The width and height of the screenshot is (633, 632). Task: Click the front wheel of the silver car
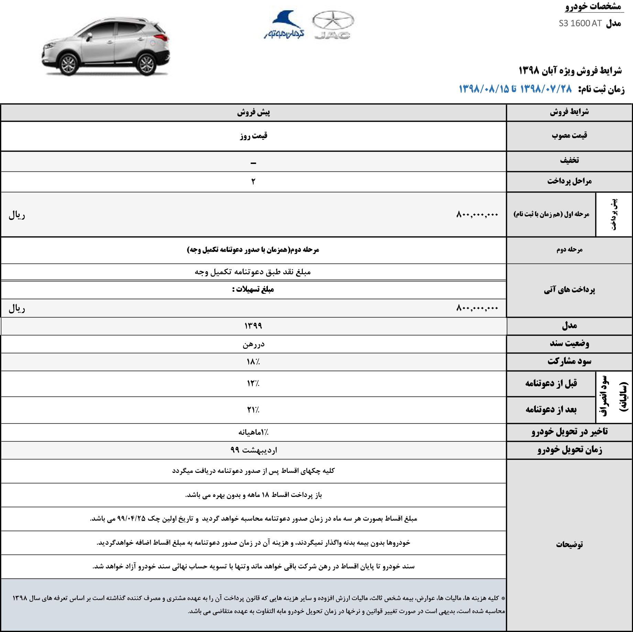[68, 64]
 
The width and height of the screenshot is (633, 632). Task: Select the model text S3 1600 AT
[580, 23]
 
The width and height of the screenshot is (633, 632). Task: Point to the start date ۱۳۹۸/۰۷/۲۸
[546, 89]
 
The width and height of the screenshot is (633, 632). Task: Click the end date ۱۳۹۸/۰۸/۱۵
[484, 89]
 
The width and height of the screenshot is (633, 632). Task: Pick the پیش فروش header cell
[253, 112]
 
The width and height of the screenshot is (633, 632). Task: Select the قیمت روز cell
[253, 136]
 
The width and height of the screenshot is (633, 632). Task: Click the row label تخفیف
[569, 160]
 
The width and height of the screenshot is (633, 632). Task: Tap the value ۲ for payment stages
[253, 181]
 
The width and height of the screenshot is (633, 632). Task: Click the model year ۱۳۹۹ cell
[253, 326]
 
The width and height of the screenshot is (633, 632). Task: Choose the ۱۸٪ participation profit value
[253, 362]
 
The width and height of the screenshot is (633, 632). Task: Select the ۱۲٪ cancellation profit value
[253, 383]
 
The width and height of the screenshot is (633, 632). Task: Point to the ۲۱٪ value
[253, 410]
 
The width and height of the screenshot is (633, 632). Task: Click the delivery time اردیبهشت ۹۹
[253, 450]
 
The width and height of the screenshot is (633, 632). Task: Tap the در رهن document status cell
[253, 344]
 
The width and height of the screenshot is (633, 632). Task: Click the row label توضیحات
[569, 544]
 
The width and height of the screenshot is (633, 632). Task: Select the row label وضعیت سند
[569, 343]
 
